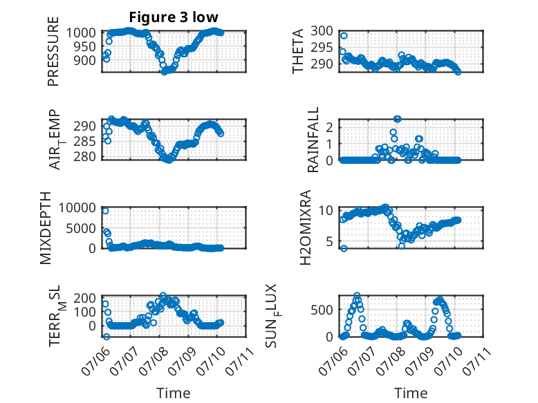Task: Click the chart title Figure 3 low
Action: (174, 17)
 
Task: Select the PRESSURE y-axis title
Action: (53, 51)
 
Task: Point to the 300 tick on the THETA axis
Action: (322, 31)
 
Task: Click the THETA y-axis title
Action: (298, 51)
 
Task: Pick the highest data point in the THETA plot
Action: (344, 36)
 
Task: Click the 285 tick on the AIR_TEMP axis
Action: (85, 141)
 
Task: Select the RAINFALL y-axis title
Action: (313, 140)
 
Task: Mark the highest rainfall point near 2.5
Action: (398, 119)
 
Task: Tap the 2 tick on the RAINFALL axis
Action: (329, 128)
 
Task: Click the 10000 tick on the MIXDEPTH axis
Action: (77, 207)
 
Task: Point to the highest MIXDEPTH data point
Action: (105, 211)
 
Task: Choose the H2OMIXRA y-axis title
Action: (305, 227)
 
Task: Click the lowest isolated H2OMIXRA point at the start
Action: (344, 248)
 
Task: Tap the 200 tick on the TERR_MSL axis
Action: (85, 298)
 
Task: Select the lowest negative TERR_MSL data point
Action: (106, 337)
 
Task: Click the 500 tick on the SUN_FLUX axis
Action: (322, 310)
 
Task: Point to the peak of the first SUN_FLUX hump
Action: (358, 295)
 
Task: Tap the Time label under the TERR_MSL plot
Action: (174, 393)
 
